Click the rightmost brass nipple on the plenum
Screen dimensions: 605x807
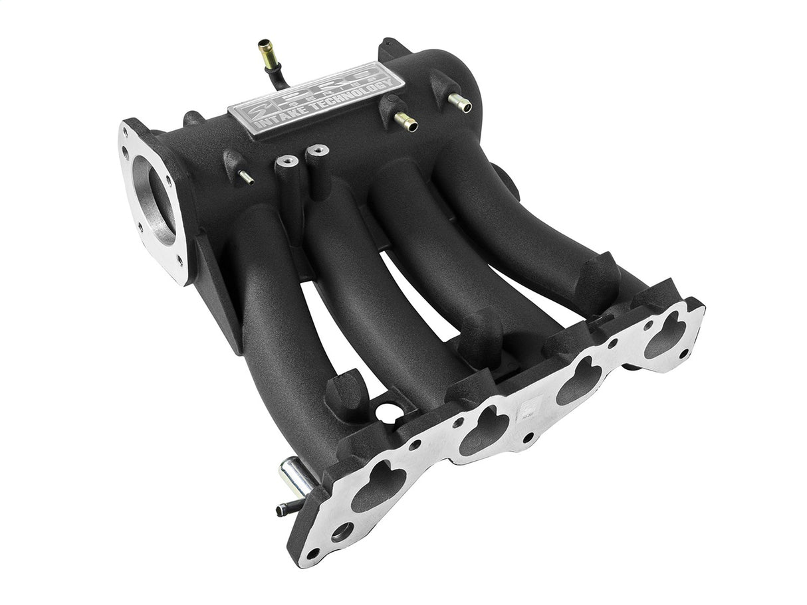point(459,102)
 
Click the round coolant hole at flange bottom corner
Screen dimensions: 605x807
point(343,531)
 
